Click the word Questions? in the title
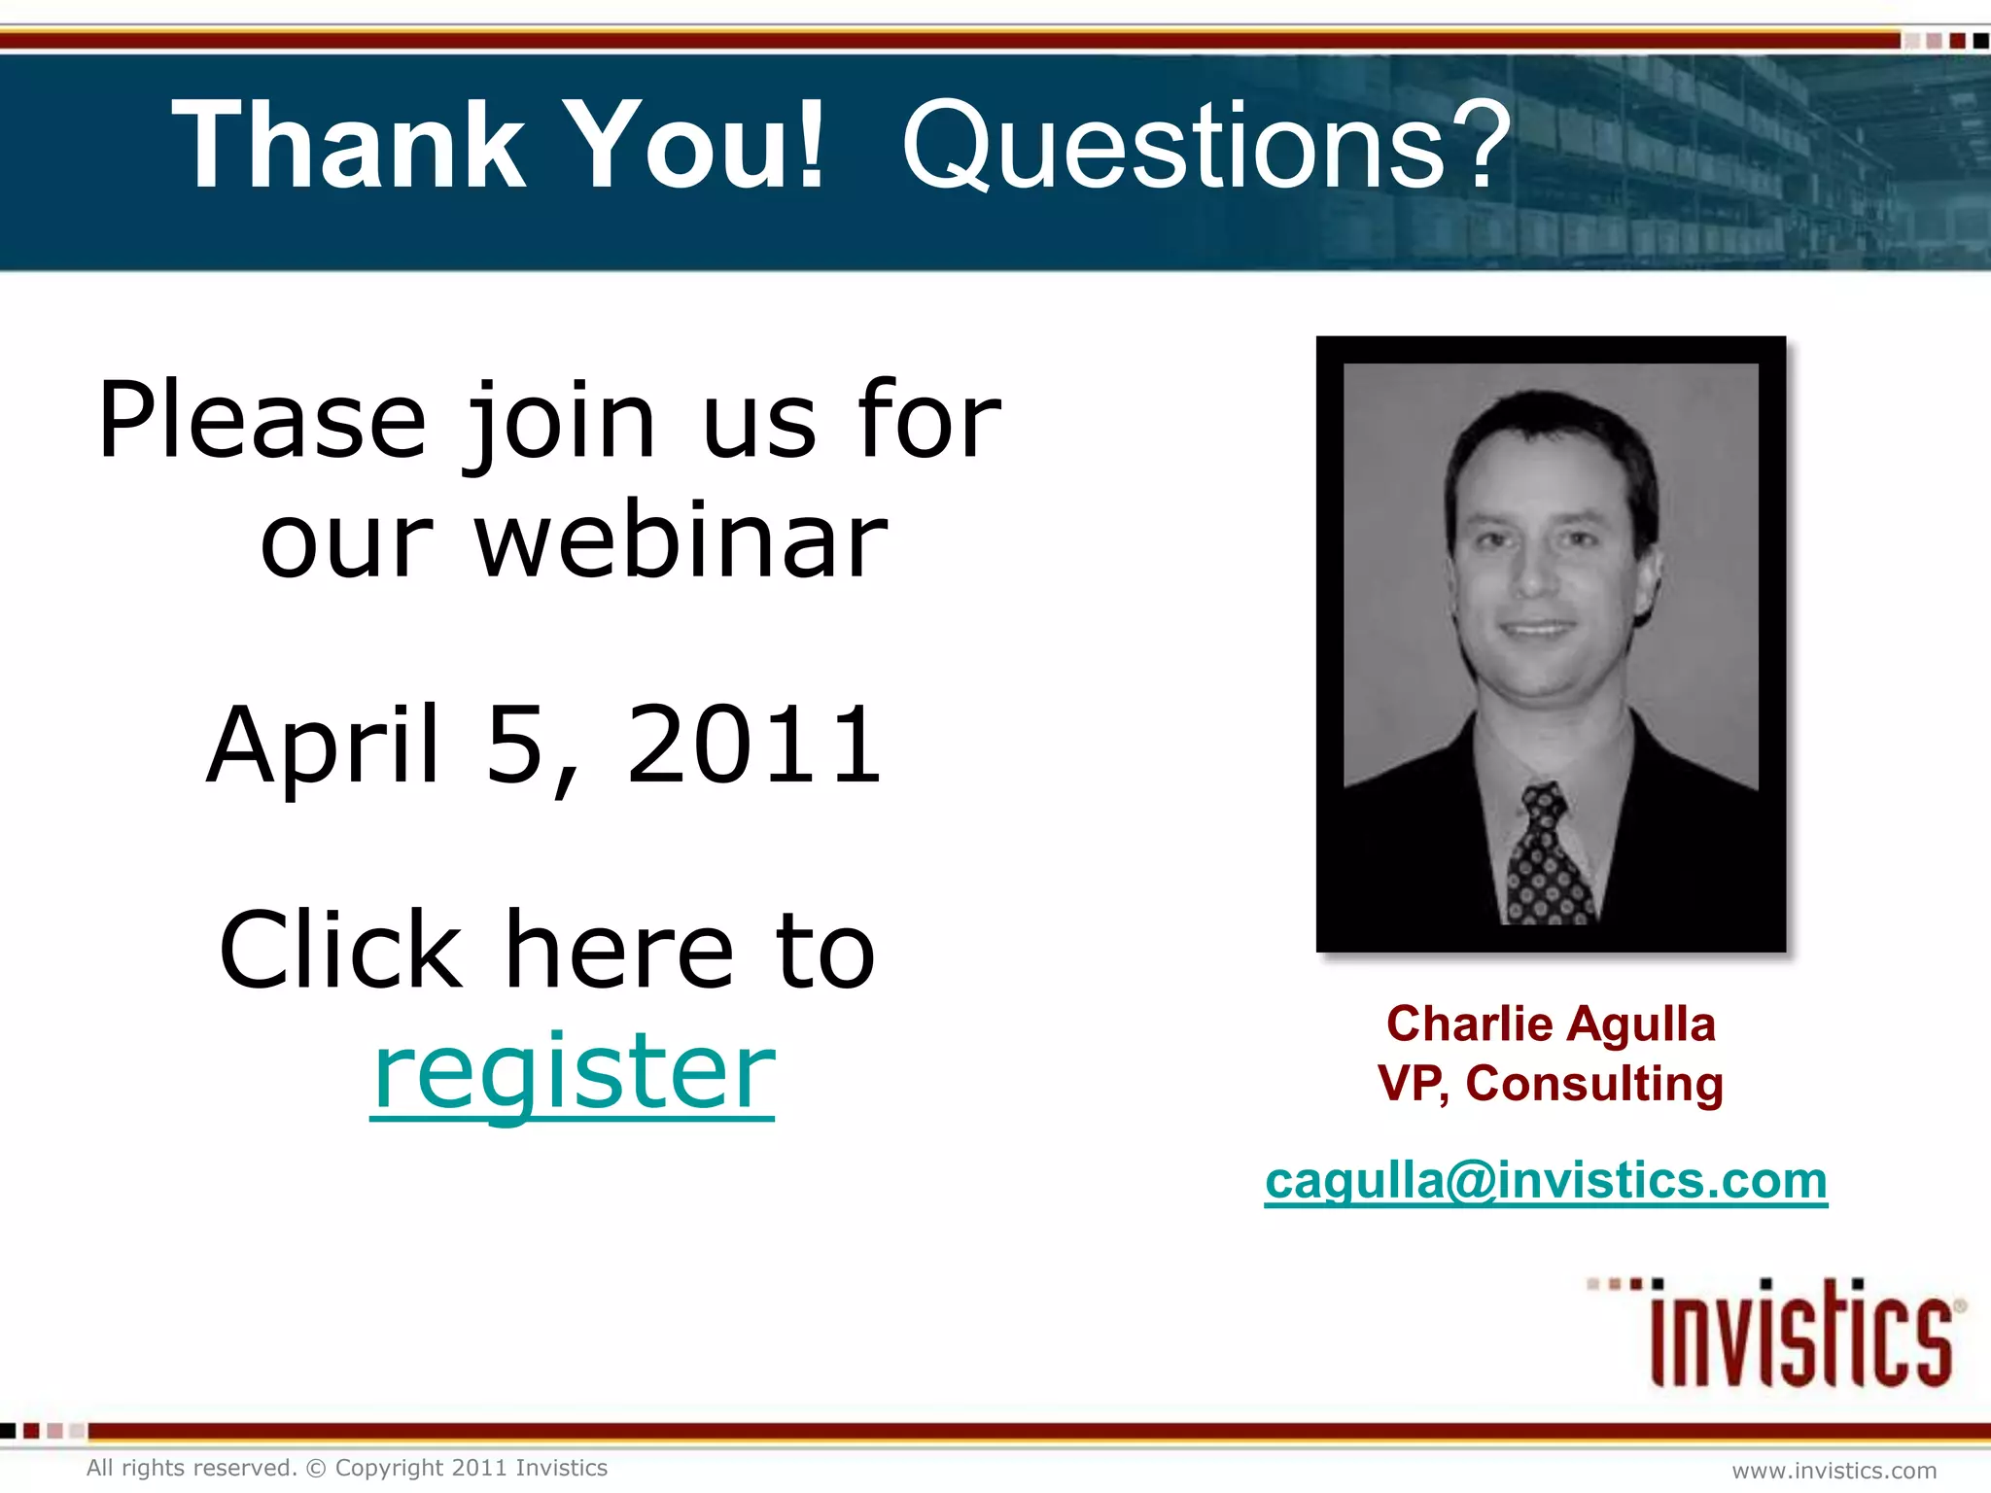tap(1205, 146)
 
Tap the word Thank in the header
tap(350, 146)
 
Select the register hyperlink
tap(574, 1071)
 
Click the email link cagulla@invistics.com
tap(1546, 1181)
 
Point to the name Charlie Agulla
tap(1551, 1024)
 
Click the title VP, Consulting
tap(1551, 1083)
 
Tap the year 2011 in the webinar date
tap(754, 746)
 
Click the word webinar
tap(681, 540)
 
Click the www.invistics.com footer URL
tap(1834, 1471)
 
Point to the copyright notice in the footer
tap(347, 1468)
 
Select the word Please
tap(262, 422)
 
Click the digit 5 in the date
tap(515, 746)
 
